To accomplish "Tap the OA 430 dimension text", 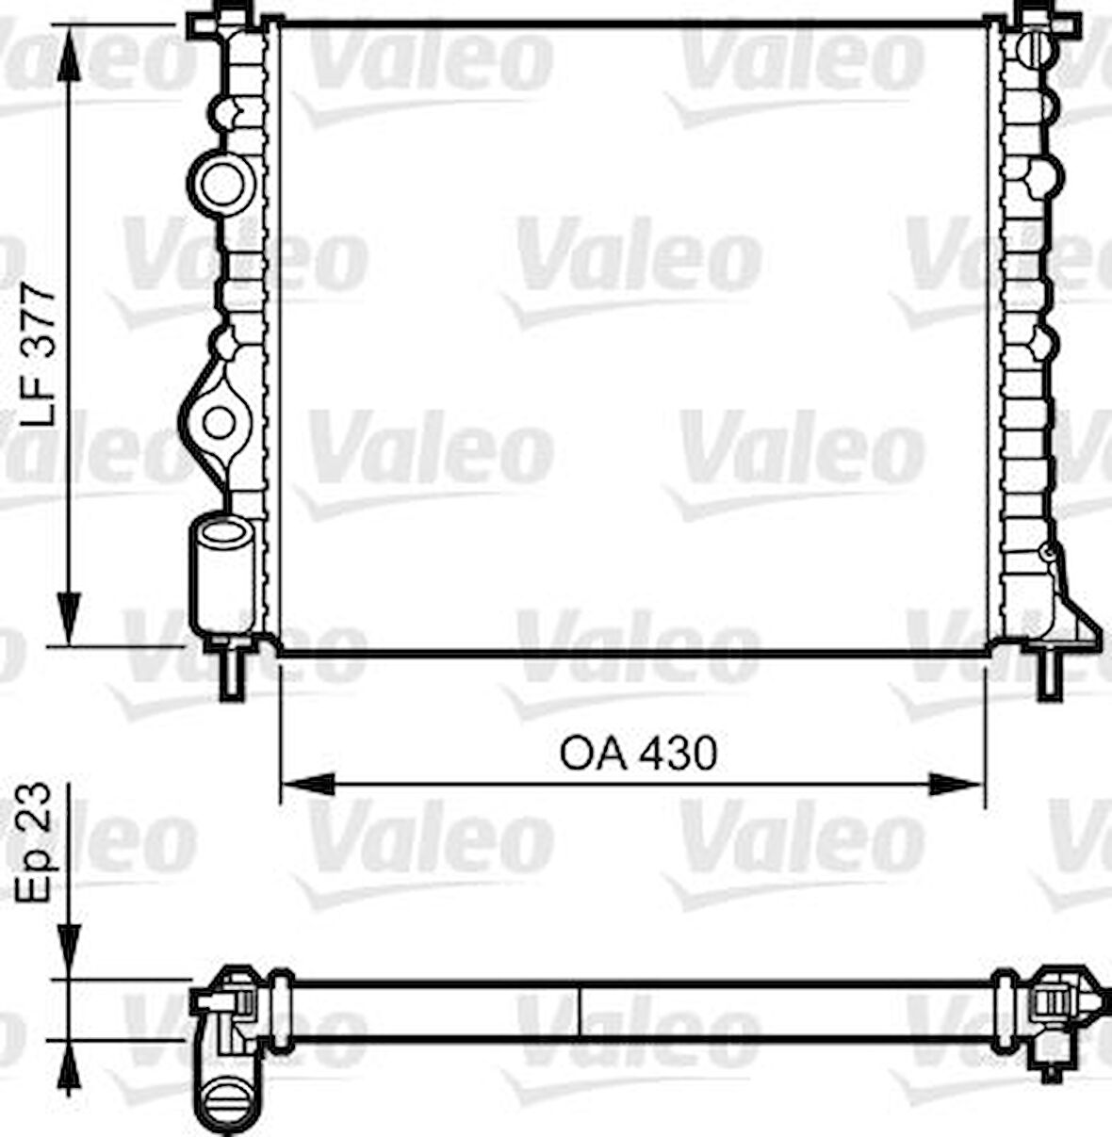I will coord(638,754).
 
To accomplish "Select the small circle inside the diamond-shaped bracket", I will coord(220,422).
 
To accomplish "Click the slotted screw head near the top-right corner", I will coord(1038,47).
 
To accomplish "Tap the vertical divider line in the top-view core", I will coord(579,1011).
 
